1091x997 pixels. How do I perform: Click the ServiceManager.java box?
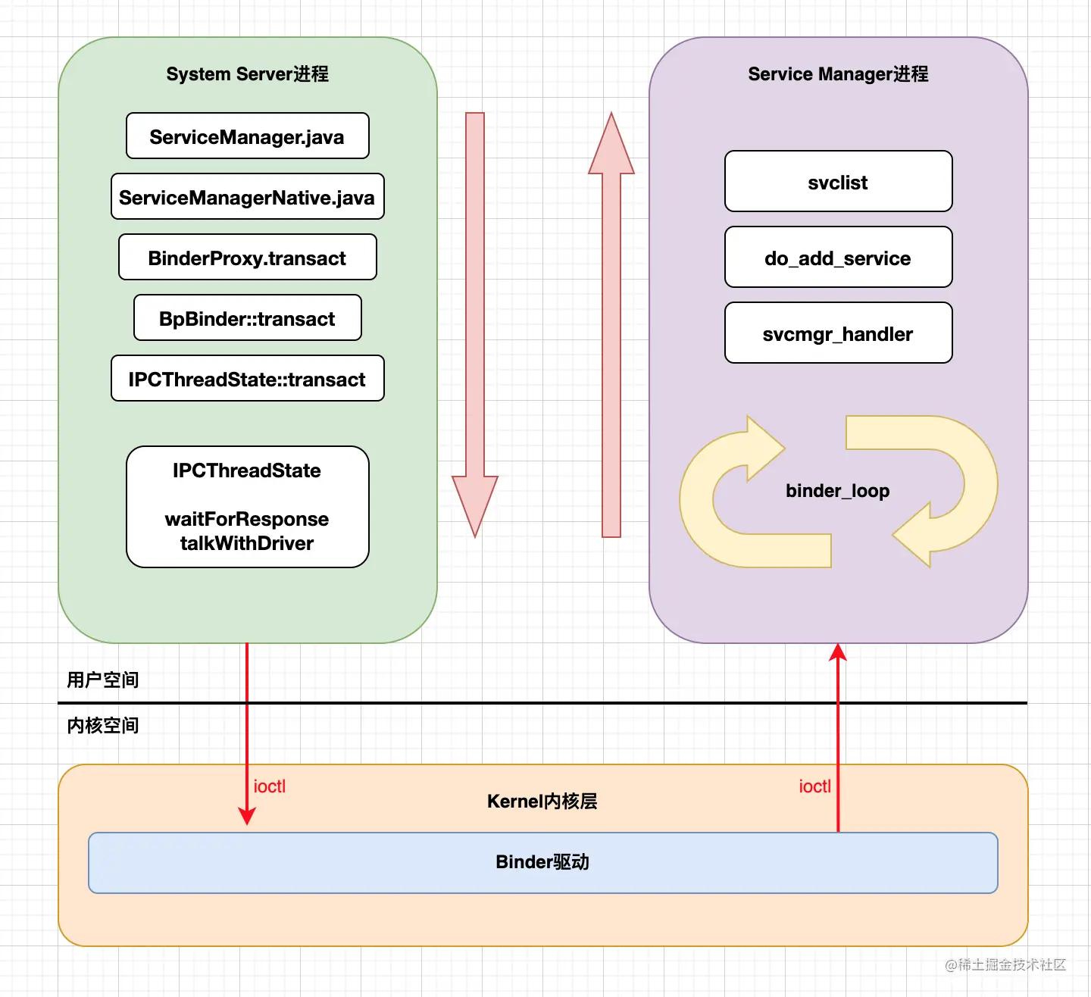(247, 136)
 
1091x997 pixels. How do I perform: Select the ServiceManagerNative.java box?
(247, 197)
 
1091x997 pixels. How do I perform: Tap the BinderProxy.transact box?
(247, 258)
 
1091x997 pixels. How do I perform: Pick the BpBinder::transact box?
(247, 318)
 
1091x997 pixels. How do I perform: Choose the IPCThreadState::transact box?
(247, 379)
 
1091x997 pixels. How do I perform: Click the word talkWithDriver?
(247, 543)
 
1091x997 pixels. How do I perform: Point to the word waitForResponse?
(247, 519)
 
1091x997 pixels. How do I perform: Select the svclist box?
(838, 182)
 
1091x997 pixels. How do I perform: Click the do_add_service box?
(838, 258)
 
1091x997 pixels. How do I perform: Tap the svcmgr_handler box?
(838, 333)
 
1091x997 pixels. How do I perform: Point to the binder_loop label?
(838, 491)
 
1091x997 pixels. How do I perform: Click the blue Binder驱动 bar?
(542, 862)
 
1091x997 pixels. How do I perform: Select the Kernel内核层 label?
(542, 802)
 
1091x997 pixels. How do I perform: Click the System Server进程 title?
(247, 74)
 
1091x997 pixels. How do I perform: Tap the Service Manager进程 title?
(838, 74)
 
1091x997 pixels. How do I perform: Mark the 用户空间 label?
(103, 680)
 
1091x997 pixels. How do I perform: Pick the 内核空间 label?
(103, 725)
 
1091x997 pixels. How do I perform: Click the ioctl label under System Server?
(270, 786)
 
